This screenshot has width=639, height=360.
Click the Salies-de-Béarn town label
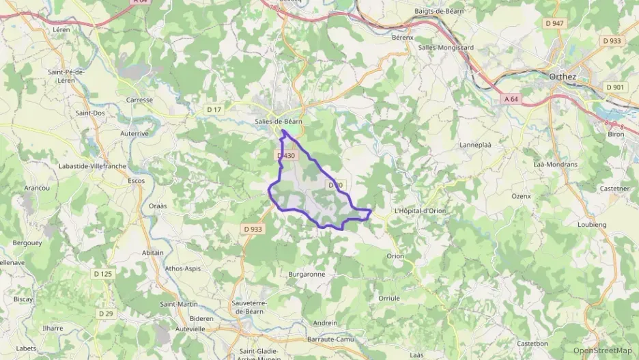(278, 121)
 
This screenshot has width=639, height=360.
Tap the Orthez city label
(563, 77)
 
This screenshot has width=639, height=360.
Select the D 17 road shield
(214, 109)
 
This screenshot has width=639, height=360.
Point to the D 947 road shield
(555, 23)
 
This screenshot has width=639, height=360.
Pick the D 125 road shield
(102, 274)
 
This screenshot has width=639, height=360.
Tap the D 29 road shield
(106, 313)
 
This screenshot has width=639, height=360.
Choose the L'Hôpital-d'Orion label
(420, 211)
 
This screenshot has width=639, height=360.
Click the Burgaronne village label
(307, 274)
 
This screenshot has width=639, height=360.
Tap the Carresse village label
(139, 100)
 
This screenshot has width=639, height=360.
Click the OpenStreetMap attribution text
(602, 350)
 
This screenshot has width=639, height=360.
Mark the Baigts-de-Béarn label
(440, 12)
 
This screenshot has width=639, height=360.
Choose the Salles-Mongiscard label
(446, 47)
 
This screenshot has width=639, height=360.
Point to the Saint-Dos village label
(89, 113)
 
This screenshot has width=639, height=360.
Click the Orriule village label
(388, 298)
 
